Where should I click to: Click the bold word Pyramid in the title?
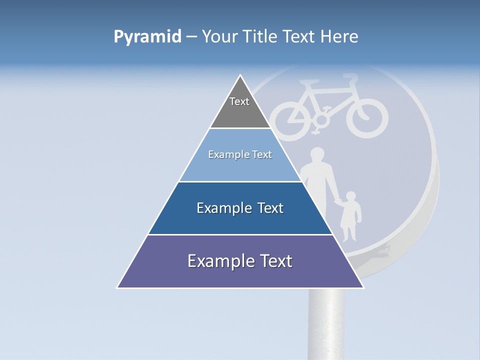click(147, 37)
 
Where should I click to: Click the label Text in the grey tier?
click(239, 101)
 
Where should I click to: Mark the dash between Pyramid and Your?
click(191, 37)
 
